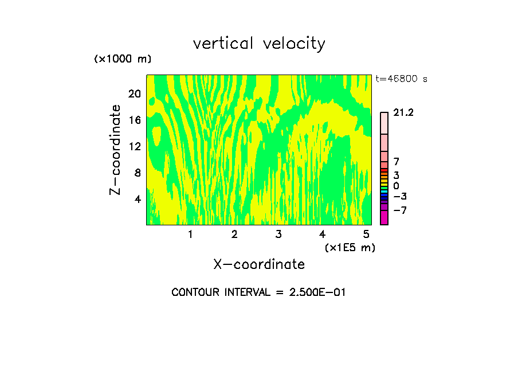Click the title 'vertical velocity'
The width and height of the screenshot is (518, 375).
[259, 44]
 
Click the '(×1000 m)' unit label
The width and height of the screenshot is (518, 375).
[122, 59]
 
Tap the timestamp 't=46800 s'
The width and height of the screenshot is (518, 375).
[401, 79]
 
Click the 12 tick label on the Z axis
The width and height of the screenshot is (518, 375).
[134, 146]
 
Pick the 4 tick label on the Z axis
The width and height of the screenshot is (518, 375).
[138, 199]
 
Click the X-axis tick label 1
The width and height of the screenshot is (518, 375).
[190, 234]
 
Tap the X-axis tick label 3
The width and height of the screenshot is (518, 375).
[278, 234]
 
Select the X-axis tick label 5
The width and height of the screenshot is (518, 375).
[366, 234]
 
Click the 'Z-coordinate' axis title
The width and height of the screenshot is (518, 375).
[116, 150]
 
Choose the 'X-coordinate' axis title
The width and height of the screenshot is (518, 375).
[259, 264]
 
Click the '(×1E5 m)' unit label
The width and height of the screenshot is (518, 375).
[350, 247]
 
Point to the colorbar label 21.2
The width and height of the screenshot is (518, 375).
[403, 113]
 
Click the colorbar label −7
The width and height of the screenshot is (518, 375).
[401, 210]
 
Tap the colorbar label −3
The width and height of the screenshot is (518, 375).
[401, 196]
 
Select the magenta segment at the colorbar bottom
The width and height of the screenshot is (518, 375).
[384, 217]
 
